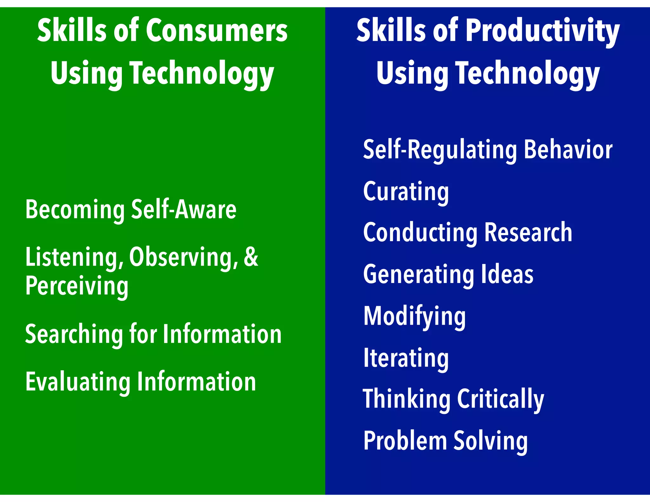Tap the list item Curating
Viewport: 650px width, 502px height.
tap(406, 191)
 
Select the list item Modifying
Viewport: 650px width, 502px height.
tap(414, 316)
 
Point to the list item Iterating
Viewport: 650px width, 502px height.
tap(406, 358)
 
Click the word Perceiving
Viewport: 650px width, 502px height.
tap(77, 286)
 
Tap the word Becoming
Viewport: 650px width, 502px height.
tap(75, 210)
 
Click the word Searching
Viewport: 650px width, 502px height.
tap(74, 334)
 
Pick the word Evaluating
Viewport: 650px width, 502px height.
tap(77, 382)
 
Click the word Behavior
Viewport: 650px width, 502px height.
tap(568, 149)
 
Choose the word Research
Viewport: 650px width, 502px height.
tap(528, 232)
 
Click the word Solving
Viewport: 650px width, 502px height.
tap(490, 441)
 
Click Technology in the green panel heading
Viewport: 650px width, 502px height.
tap(202, 74)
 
